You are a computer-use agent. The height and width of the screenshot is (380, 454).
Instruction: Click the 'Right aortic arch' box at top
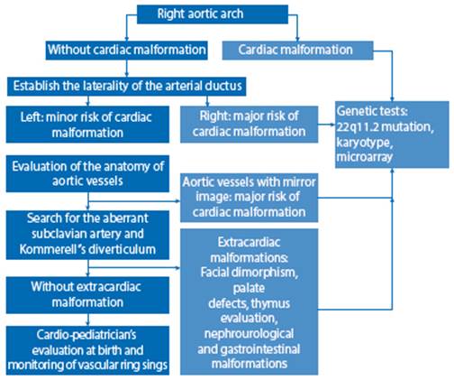click(x=213, y=14)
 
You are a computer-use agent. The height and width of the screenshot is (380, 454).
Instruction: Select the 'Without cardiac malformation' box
click(x=126, y=50)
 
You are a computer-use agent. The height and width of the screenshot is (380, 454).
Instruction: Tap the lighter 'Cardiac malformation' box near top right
click(x=297, y=51)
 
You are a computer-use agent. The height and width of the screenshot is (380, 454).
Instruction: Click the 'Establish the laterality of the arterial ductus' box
click(x=126, y=87)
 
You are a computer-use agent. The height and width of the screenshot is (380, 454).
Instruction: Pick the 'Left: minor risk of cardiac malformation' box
click(x=87, y=125)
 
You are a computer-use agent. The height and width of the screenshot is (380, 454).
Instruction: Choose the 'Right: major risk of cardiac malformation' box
click(x=249, y=125)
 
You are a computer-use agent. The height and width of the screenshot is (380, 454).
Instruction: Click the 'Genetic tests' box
click(x=392, y=134)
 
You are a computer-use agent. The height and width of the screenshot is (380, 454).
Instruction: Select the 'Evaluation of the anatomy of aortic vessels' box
click(x=87, y=173)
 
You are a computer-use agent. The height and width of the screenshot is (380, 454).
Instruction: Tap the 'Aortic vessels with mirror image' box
click(x=249, y=198)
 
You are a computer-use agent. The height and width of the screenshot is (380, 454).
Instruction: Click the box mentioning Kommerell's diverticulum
click(x=87, y=235)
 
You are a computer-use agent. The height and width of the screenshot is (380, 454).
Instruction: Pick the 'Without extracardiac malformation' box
click(x=87, y=295)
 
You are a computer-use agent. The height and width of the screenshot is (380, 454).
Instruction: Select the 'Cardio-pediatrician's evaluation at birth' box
click(x=87, y=350)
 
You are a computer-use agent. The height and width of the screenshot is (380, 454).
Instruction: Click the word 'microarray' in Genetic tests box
click(x=365, y=157)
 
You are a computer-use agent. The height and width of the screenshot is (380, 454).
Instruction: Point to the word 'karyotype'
click(x=365, y=143)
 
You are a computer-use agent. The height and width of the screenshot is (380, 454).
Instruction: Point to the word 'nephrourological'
click(x=249, y=334)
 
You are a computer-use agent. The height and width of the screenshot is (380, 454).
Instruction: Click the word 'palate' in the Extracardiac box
click(x=249, y=289)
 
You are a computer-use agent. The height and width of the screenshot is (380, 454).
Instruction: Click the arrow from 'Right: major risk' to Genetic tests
click(x=326, y=125)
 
